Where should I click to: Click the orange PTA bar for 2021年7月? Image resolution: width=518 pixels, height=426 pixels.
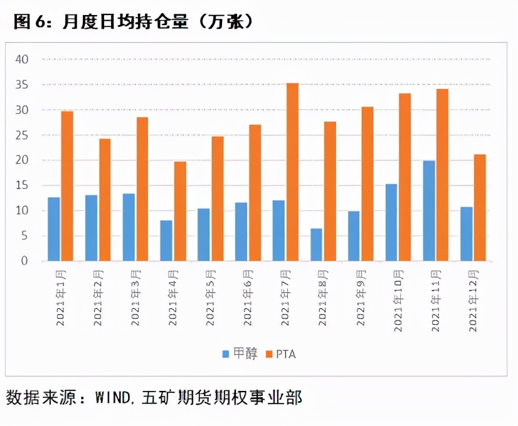pos(292,172)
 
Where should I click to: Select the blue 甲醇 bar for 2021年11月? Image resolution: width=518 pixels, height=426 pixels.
pos(429,210)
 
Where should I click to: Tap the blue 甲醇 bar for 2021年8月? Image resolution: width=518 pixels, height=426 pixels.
pos(317,244)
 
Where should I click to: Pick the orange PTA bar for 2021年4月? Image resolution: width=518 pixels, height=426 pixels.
pos(180,211)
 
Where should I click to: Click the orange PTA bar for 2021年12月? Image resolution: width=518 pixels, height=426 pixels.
pos(480,207)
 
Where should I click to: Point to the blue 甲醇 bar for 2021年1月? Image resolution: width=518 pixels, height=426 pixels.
pos(54,229)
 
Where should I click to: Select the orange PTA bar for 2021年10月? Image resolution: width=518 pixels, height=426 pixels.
pos(404,177)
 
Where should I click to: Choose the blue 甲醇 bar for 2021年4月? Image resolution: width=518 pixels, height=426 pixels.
pos(166,241)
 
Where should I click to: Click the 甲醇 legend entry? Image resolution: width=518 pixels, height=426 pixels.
pos(239,354)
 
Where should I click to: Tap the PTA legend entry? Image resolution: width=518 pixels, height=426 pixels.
pos(280,354)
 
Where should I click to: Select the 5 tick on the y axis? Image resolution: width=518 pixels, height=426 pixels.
pos(26,236)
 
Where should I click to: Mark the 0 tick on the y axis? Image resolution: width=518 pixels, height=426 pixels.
pos(26,261)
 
